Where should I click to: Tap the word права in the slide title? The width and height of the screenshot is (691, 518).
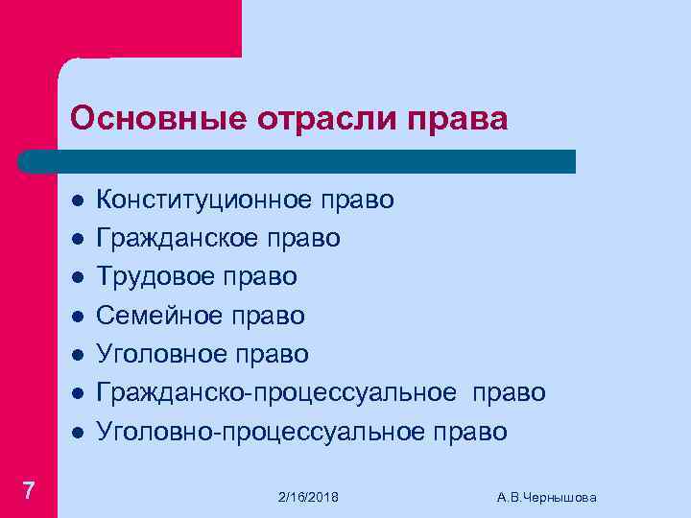coord(458,118)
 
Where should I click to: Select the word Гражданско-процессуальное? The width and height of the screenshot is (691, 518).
coord(277,393)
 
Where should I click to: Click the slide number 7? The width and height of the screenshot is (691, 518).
coord(29,491)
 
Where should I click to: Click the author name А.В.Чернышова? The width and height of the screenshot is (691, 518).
coord(547,497)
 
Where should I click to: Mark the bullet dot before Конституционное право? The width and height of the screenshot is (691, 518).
coord(75,200)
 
